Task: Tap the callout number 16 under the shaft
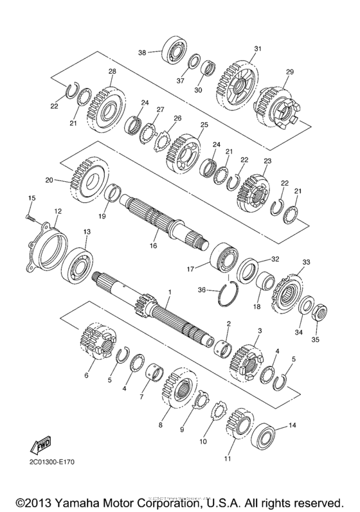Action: [153, 245]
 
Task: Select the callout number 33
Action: [306, 262]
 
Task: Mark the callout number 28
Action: [112, 71]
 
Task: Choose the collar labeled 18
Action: [265, 283]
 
